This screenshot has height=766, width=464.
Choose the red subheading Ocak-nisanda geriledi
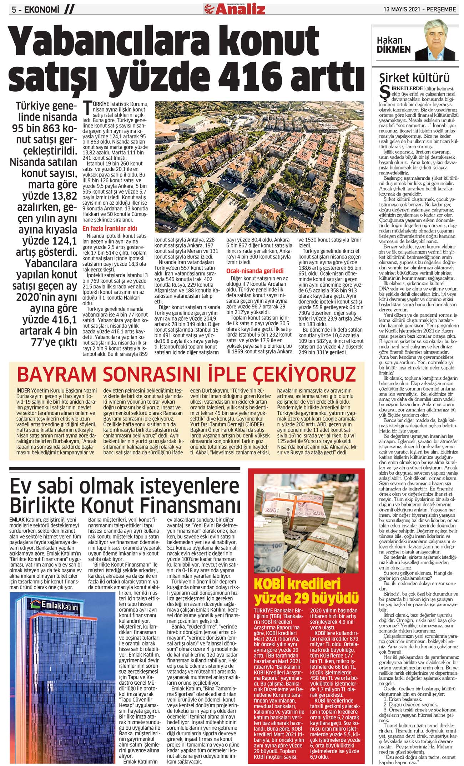(x=254, y=271)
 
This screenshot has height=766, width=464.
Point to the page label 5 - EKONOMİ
(x=35, y=10)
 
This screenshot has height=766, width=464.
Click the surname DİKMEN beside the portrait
(x=394, y=50)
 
